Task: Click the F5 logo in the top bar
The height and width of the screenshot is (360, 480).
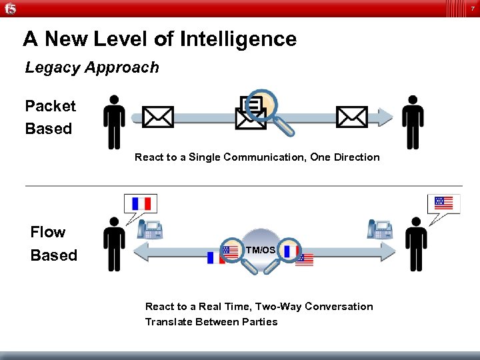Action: coord(10,8)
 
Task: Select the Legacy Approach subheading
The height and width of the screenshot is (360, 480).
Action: coord(92,67)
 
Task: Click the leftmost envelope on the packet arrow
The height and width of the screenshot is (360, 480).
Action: coord(158,117)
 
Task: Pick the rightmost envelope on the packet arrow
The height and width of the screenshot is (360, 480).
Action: coord(351,117)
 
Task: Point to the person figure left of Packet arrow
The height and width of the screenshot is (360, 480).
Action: coord(114,122)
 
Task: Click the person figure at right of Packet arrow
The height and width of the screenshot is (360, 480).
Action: coord(413,122)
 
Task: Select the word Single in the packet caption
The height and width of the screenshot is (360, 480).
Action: coord(204,157)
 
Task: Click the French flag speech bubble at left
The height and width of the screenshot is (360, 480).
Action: coord(141,203)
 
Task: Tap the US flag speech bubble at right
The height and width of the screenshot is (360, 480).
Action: coord(443,203)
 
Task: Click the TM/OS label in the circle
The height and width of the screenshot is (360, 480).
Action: coord(260,250)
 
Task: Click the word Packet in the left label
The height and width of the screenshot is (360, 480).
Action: coord(51,106)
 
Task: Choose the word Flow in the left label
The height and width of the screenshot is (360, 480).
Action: coord(48,232)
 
